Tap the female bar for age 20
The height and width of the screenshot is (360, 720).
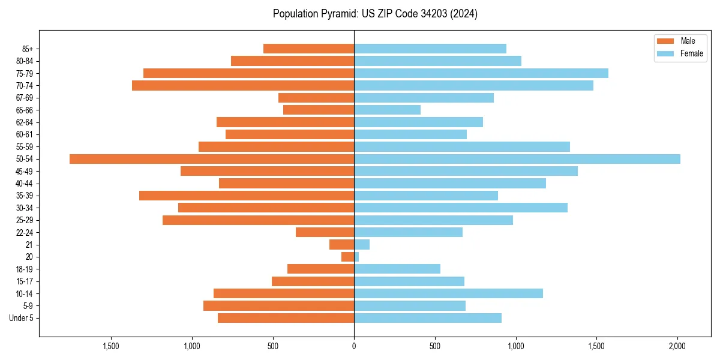tap(356, 257)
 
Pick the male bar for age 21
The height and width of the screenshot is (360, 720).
tap(342, 245)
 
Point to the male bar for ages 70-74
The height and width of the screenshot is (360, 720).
tap(243, 86)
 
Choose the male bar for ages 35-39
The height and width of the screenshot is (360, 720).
tap(247, 196)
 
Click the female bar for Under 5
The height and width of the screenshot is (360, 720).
tap(428, 318)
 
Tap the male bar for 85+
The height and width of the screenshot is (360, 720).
tap(309, 49)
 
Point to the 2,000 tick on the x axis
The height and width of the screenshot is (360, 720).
tap(677, 346)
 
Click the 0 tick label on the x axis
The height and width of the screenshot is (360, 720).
tap(354, 346)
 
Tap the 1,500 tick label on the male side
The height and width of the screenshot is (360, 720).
tap(111, 346)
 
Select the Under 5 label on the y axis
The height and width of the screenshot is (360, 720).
tap(22, 318)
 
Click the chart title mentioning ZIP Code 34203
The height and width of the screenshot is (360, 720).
tap(375, 14)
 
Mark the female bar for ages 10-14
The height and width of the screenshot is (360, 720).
tap(449, 293)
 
